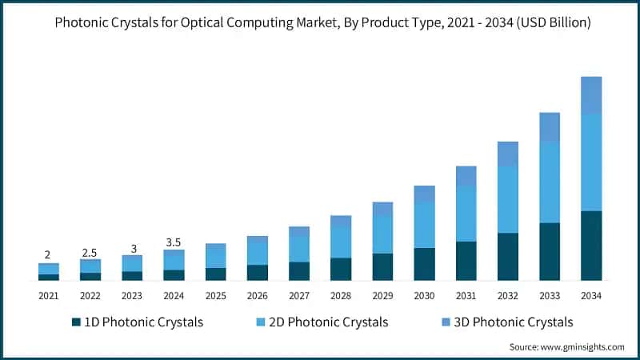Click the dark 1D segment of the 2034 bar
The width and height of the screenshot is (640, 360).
pyautogui.click(x=591, y=246)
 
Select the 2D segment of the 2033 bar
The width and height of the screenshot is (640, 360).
pyautogui.click(x=550, y=182)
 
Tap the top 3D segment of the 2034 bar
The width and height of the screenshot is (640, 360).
pyautogui.click(x=591, y=95)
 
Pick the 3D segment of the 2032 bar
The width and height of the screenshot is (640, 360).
pyautogui.click(x=508, y=154)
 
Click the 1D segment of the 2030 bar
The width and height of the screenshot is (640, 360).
pyautogui.click(x=425, y=264)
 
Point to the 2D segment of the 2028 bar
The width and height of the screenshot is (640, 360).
pyautogui.click(x=342, y=242)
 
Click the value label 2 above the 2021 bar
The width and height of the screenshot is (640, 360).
pyautogui.click(x=48, y=254)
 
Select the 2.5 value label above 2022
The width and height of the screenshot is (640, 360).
pyautogui.click(x=90, y=252)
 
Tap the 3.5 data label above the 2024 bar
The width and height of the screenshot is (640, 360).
pyautogui.click(x=174, y=242)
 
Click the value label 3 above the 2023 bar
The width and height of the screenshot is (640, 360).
pyautogui.click(x=132, y=248)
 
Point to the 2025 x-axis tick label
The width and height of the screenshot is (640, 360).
pyautogui.click(x=215, y=296)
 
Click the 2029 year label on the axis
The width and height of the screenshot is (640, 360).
pyautogui.click(x=382, y=296)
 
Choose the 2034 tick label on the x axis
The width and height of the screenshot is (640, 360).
pyautogui.click(x=591, y=296)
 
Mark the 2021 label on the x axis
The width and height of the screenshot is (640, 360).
pyautogui.click(x=49, y=296)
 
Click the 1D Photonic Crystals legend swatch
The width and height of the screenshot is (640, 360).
pyautogui.click(x=76, y=322)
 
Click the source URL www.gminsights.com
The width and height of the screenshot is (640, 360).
pyautogui.click(x=582, y=347)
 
